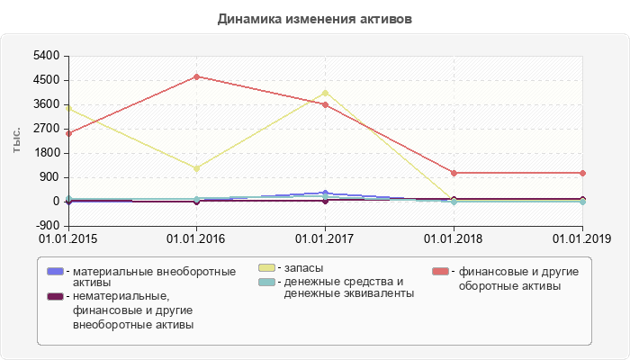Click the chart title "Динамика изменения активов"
click(315, 18)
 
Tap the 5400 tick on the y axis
click(46, 56)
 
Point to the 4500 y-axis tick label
click(46, 80)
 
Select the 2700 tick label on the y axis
click(46, 129)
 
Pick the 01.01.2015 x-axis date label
click(68, 238)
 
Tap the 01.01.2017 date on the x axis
click(325, 238)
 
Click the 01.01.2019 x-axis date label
click(581, 238)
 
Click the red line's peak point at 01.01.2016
click(197, 76)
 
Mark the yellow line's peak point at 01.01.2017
click(325, 93)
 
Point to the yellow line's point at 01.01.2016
click(197, 168)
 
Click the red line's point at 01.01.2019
click(582, 173)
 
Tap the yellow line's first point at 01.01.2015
click(68, 109)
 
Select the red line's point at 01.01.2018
click(454, 173)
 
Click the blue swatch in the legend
click(55, 272)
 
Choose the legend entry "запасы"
click(301, 268)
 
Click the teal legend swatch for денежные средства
click(267, 283)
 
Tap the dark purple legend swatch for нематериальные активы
click(55, 297)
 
